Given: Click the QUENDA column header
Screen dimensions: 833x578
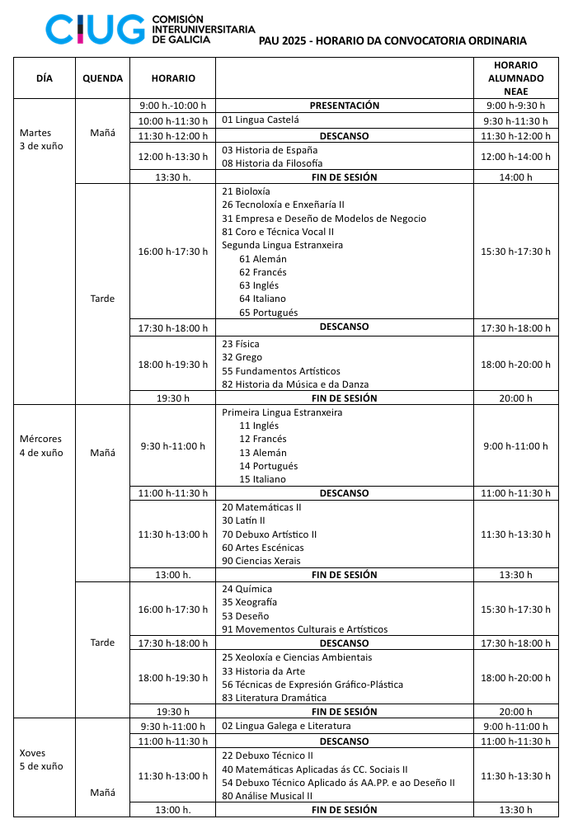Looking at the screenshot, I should (103, 78).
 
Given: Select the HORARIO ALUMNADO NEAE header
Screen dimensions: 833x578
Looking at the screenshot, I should (516, 78).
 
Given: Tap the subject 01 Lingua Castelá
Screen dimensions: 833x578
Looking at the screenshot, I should (260, 120).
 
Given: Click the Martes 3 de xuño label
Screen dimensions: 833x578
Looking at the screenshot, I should (40, 139).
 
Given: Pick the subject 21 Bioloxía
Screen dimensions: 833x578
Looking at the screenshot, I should (241, 191).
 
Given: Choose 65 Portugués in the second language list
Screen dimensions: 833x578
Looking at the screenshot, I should (268, 313).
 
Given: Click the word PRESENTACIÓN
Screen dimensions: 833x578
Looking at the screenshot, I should (344, 106).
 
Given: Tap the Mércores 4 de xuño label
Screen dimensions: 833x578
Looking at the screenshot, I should (40, 445).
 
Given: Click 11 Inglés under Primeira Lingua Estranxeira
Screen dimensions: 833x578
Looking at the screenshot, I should (259, 426).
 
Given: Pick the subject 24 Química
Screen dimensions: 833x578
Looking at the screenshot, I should (247, 589).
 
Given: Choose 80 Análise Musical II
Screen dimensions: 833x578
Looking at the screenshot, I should (267, 796).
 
